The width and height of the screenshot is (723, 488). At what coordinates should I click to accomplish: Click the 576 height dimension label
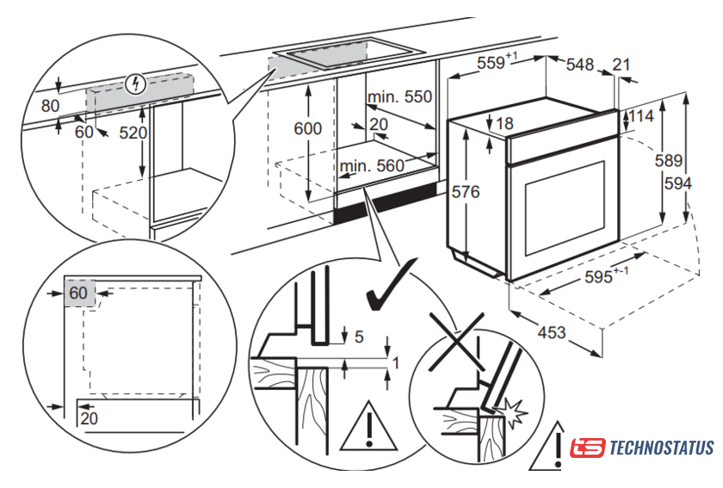coord(466,191)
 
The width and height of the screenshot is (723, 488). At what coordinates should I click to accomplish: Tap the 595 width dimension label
coord(606,275)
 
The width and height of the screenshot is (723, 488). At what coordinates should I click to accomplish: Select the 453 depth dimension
coord(552,332)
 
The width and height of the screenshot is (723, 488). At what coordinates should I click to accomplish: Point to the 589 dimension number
coord(669,160)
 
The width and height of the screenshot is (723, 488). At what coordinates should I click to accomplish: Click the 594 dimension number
coord(678,183)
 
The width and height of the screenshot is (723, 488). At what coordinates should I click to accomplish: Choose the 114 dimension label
coord(641,115)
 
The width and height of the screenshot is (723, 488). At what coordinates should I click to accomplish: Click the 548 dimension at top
coord(580,65)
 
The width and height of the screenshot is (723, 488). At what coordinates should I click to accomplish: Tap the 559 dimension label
coord(497,61)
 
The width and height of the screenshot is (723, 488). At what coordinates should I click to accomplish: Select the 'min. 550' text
coord(399,97)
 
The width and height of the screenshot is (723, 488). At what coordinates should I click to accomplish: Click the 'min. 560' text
coord(373,166)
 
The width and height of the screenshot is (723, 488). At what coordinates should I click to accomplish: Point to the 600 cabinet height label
coord(307,128)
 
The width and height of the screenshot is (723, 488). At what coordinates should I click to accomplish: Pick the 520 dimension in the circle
coord(133,133)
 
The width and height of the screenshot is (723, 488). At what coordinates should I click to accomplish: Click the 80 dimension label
coord(50,106)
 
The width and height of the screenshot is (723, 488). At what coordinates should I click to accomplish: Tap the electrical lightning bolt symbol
coord(136,84)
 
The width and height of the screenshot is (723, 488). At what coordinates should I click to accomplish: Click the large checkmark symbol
coord(391,285)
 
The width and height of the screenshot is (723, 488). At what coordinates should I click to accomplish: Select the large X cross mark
coord(456,342)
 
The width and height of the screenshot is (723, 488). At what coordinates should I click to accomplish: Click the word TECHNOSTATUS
coord(662,448)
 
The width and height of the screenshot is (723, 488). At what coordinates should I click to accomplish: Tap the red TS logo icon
coord(587,448)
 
